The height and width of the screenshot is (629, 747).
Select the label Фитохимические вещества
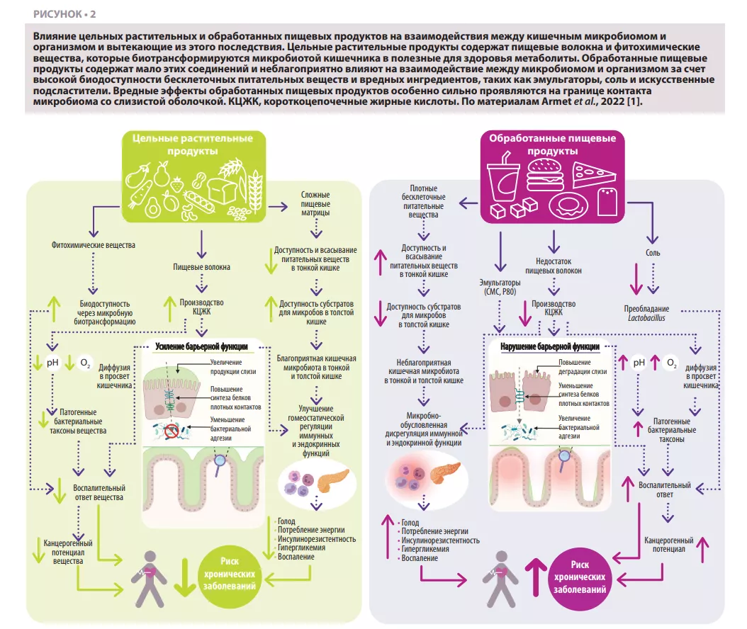pos(94,246)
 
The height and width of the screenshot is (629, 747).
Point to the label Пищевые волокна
pos(202,267)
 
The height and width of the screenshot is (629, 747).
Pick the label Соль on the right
pos(653,251)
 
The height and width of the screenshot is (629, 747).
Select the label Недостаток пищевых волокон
pos(553,266)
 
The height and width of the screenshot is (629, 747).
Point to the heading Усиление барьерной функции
pos(201,346)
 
